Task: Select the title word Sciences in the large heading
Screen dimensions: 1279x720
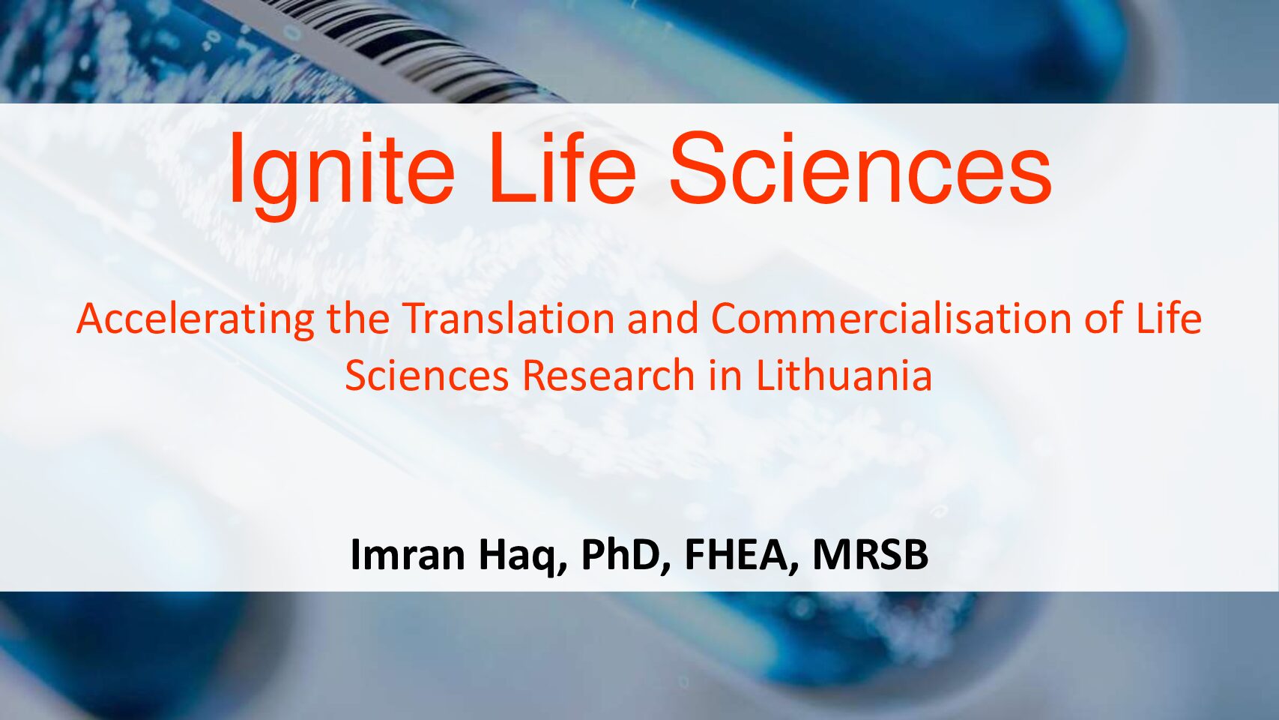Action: tap(860, 167)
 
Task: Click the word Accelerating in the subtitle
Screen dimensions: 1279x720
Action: tap(196, 320)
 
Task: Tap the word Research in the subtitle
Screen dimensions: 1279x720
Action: tap(608, 376)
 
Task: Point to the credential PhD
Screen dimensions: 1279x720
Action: tap(626, 556)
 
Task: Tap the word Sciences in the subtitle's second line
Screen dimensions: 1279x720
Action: tap(427, 376)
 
